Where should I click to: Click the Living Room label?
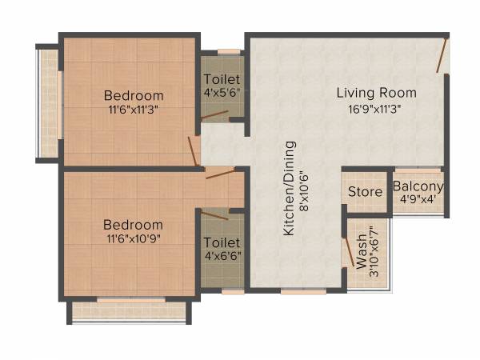click(376, 93)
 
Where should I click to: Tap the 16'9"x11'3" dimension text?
click(376, 110)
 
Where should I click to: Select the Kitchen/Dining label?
click(290, 189)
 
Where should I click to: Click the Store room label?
click(366, 192)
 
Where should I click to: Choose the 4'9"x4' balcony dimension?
click(418, 201)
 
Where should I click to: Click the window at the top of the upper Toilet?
click(230, 52)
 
